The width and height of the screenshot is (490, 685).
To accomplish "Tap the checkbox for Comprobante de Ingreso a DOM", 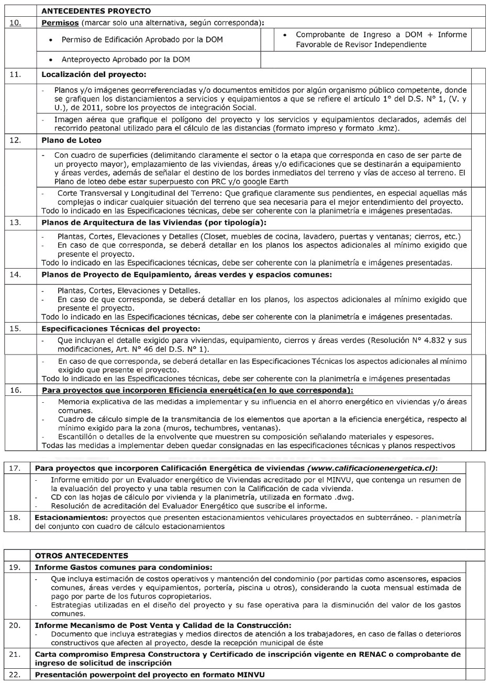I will click(x=478, y=39).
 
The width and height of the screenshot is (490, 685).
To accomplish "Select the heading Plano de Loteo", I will click(x=71, y=140).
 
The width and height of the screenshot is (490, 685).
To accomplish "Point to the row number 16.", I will click(x=16, y=390).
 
